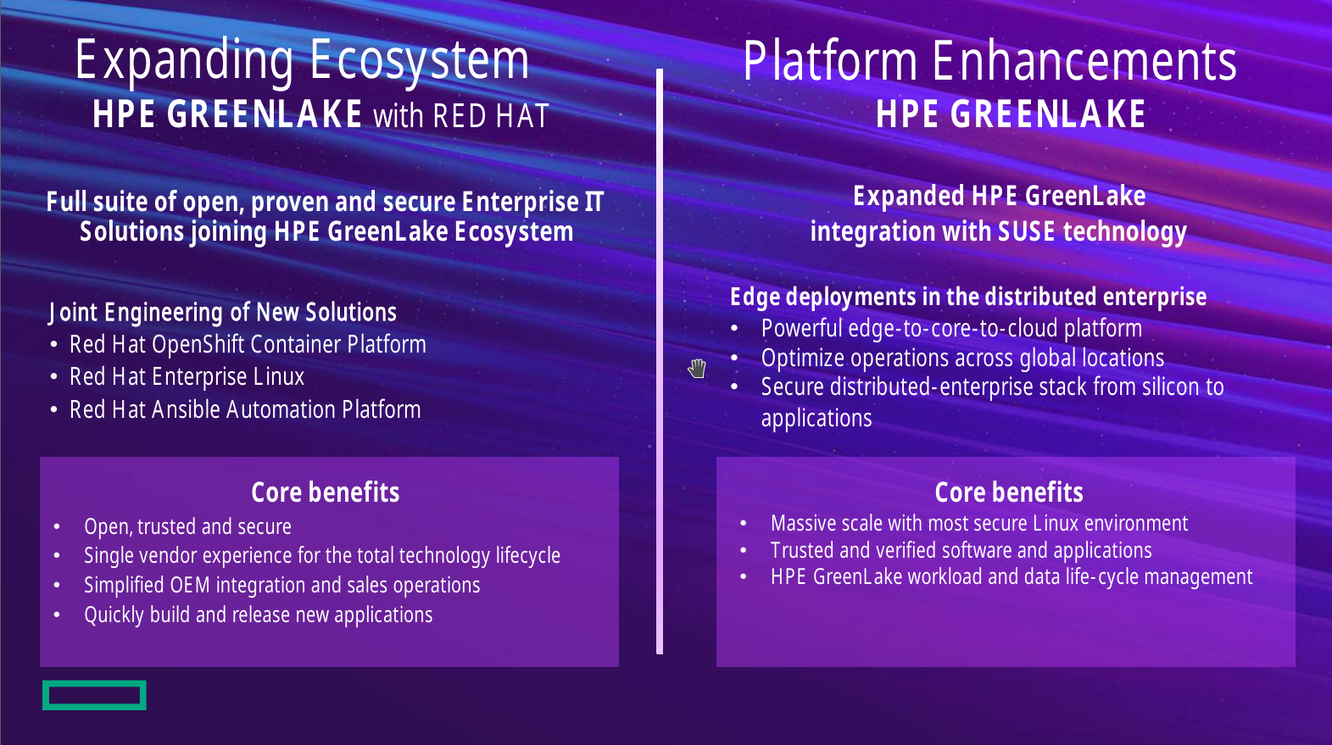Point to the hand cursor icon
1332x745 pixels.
coord(697,369)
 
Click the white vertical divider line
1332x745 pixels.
coord(660,362)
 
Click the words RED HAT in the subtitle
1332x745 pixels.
coord(491,116)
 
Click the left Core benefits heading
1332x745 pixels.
coord(326,492)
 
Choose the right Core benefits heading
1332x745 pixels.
coord(1008,492)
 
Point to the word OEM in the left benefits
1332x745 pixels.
coord(190,585)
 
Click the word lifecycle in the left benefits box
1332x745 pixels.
coord(528,556)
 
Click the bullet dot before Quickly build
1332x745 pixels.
coord(57,614)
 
